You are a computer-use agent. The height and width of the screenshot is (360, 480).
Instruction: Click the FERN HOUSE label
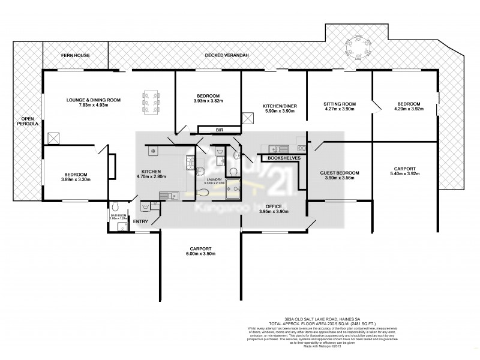(75, 55)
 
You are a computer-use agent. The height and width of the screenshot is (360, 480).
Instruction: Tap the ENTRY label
(140, 222)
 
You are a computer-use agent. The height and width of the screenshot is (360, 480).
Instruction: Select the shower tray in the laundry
(232, 190)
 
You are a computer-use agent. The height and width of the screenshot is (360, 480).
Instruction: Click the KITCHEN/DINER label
(280, 106)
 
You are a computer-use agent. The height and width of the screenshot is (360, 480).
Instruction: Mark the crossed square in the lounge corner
(54, 139)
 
